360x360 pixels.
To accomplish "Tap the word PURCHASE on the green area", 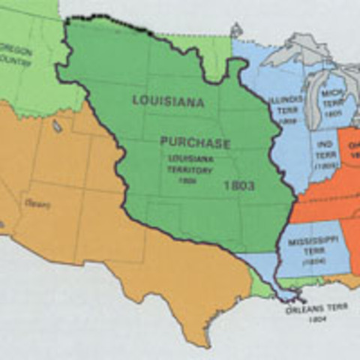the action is (195, 142).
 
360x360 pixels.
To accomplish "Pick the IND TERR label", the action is (325, 146).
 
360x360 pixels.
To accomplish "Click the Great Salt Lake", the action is (57, 125).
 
